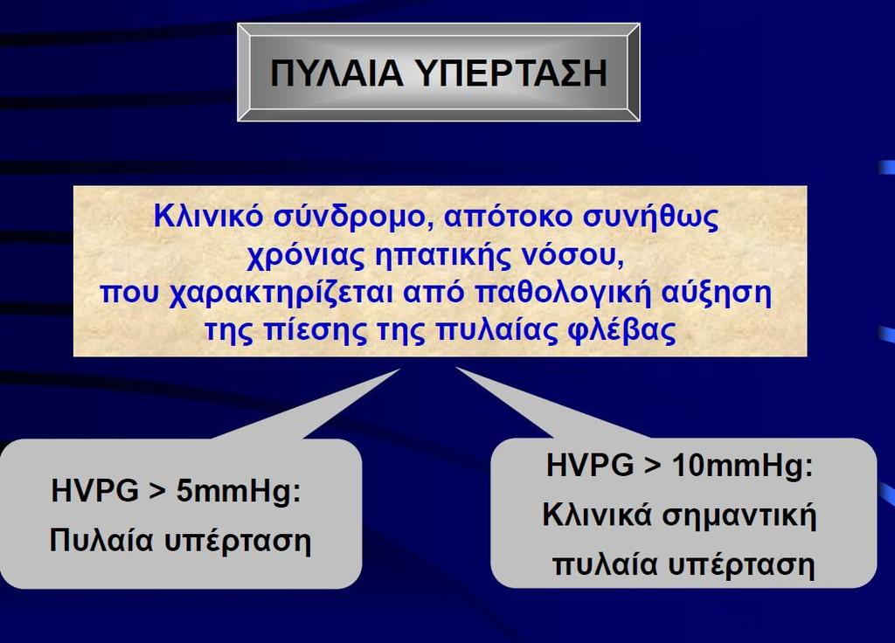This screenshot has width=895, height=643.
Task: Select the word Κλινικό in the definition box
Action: (x=208, y=217)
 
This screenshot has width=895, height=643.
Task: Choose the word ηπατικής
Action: (x=441, y=256)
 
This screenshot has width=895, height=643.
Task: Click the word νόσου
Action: (x=571, y=256)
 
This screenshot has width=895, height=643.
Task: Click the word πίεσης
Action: (x=315, y=331)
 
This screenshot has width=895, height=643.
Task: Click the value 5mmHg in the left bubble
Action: (x=239, y=491)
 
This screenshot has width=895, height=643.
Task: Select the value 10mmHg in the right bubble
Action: (x=742, y=466)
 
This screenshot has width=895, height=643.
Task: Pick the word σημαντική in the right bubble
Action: (x=739, y=515)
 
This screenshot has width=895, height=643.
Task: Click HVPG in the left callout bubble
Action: (x=94, y=491)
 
